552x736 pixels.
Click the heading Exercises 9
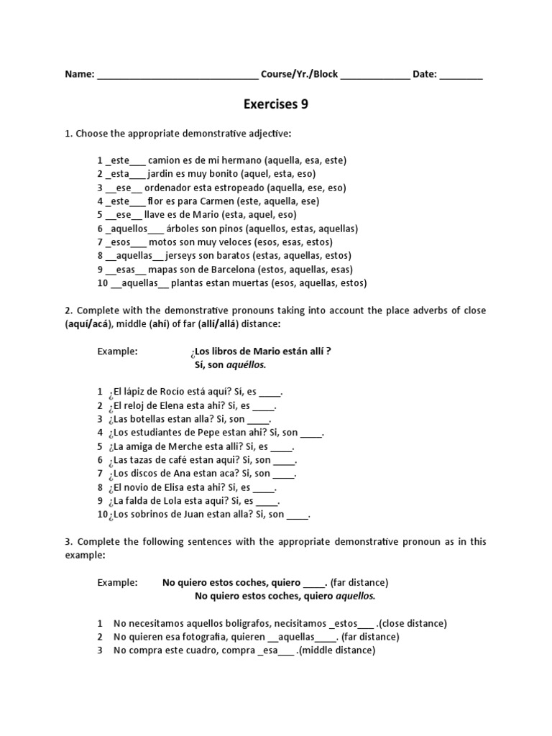click(x=276, y=105)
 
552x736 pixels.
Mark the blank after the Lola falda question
click(x=267, y=501)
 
